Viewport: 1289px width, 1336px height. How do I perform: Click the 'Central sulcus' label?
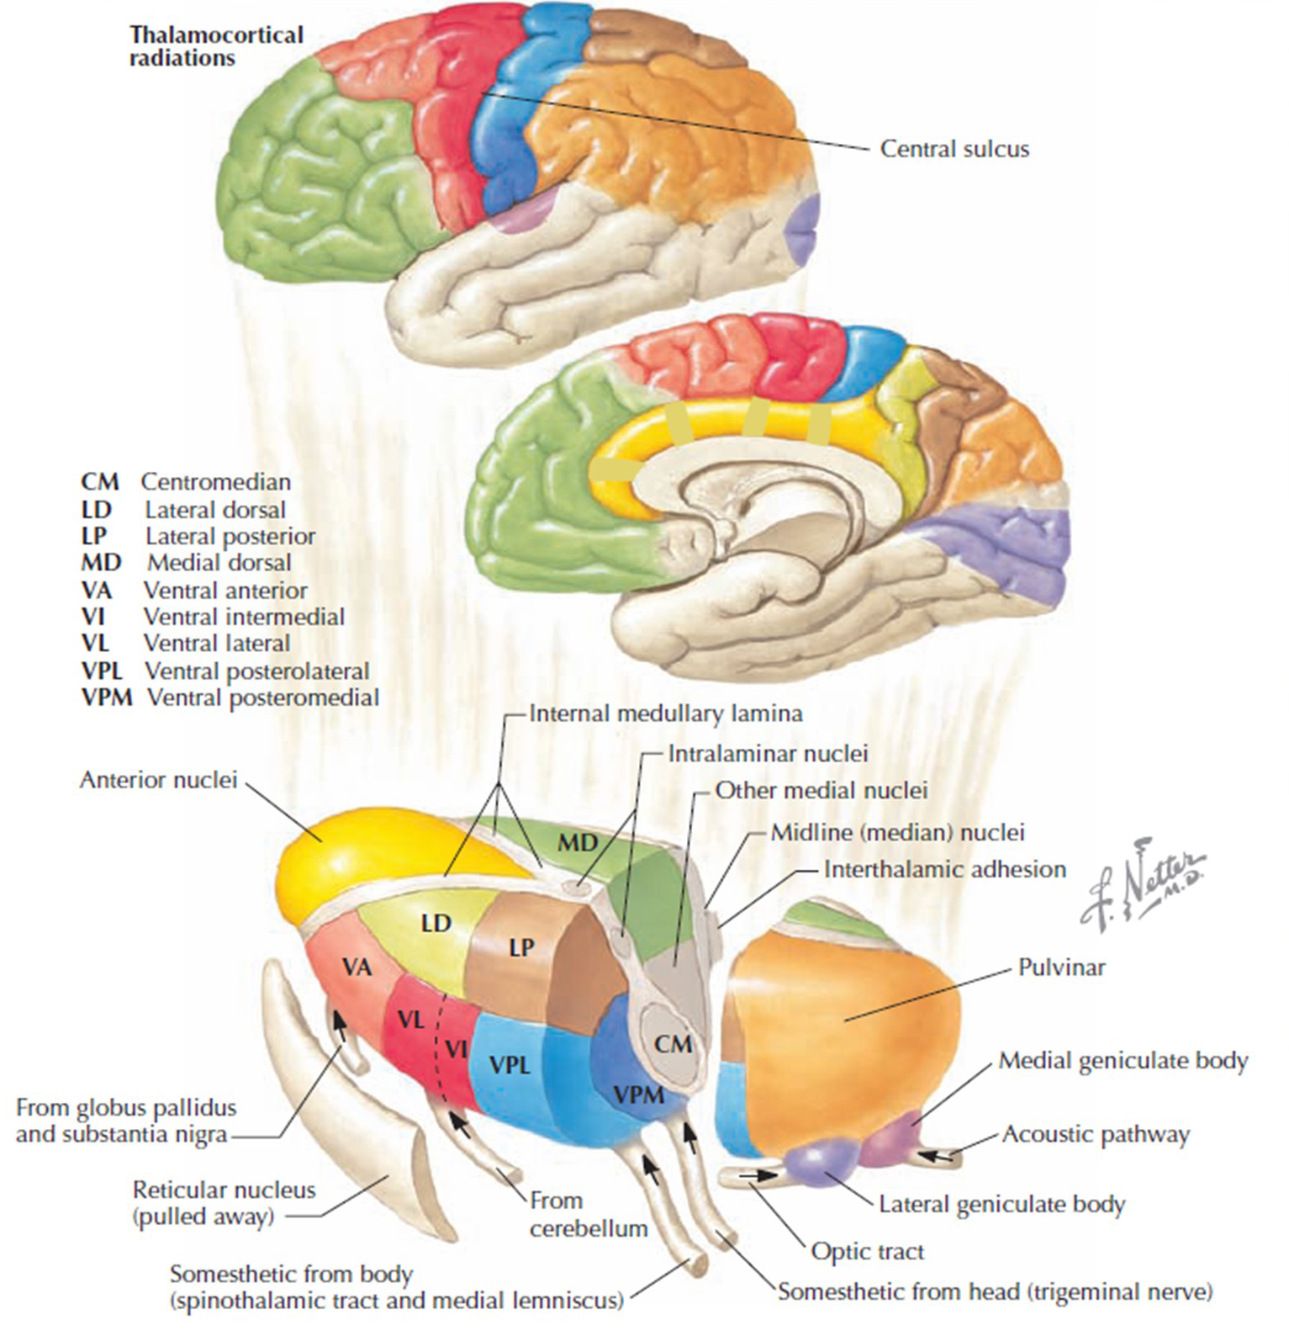(954, 149)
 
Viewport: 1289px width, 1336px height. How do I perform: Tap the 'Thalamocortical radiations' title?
(216, 46)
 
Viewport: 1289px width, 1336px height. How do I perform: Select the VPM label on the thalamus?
(638, 1095)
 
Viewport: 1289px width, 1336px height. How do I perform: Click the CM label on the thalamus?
(673, 1044)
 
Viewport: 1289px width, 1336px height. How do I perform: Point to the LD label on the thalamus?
(436, 923)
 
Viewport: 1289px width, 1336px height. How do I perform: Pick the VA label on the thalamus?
(357, 967)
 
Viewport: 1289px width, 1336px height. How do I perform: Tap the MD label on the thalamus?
(578, 841)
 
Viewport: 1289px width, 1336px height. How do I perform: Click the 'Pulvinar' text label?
(1061, 967)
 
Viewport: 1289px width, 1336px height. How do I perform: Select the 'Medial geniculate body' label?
(1123, 1061)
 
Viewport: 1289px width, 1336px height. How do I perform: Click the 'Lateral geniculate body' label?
(1001, 1205)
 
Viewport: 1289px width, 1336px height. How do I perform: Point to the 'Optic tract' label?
(867, 1251)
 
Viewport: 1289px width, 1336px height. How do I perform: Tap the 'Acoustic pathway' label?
(1096, 1134)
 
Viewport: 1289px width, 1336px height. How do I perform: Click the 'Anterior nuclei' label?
(159, 780)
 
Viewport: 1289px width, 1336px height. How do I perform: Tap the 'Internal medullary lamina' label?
(665, 713)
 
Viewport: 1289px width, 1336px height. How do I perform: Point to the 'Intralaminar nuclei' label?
(768, 753)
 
